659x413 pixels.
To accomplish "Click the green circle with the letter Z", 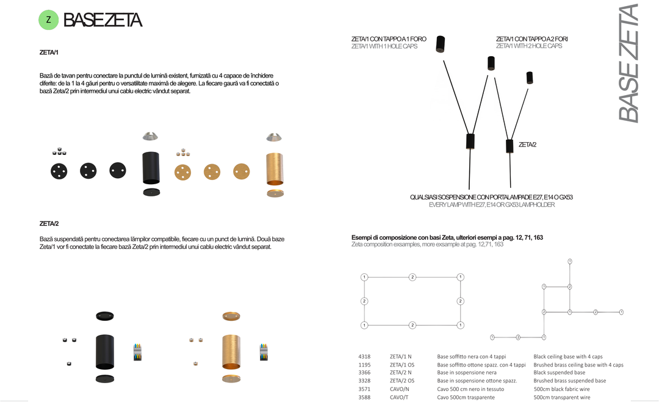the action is [x=49, y=20].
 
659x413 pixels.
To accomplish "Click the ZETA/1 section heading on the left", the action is [x=49, y=52].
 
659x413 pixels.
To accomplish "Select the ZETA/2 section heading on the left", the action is [x=49, y=223].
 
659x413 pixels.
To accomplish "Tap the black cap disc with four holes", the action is [x=59, y=171].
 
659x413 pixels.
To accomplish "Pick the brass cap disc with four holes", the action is [x=183, y=172].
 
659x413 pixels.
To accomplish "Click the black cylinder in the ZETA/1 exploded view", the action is [x=151, y=168].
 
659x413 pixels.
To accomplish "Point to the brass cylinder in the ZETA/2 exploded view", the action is [x=231, y=351].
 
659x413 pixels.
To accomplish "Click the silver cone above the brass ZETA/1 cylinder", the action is [x=274, y=137].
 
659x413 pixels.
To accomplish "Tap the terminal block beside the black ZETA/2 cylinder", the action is [x=137, y=352].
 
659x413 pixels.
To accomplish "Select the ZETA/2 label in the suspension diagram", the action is [x=527, y=145].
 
